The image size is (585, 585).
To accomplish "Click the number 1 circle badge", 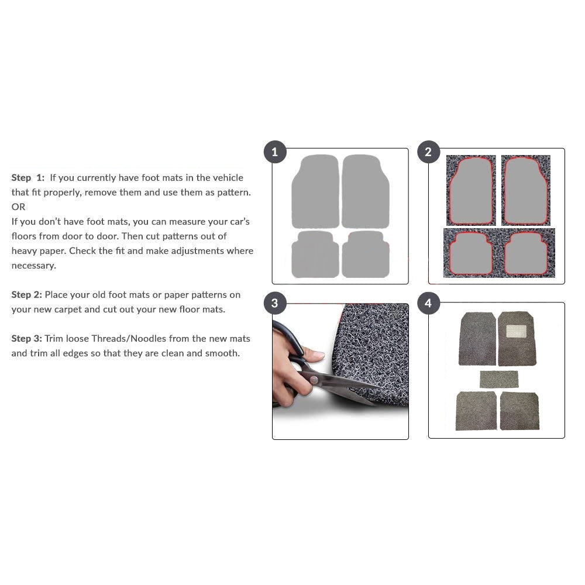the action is point(275,152).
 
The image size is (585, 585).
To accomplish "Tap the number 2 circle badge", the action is point(428,152).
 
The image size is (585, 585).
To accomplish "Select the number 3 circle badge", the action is point(275,303).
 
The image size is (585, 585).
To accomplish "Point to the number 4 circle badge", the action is point(428,303).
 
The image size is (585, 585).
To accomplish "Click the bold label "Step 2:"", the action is point(26,295).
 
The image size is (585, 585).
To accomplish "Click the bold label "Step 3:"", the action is point(26,338).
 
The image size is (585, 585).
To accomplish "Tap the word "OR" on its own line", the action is point(18,207).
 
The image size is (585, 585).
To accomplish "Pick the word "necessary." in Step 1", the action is point(33,266).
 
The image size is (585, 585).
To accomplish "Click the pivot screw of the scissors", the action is point(314,380).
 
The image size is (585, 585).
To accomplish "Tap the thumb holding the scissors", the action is point(312,355).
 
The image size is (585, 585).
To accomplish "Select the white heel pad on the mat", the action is point(516,331).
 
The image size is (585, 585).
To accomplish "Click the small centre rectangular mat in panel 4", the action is point(499,379).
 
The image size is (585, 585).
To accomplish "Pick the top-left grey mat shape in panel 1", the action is point(315,191).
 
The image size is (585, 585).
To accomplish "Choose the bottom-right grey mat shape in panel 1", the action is point(366,254).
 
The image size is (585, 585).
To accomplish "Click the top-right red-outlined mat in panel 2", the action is point(526,190).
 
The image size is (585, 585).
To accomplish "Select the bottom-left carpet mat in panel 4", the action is point(476,411).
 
